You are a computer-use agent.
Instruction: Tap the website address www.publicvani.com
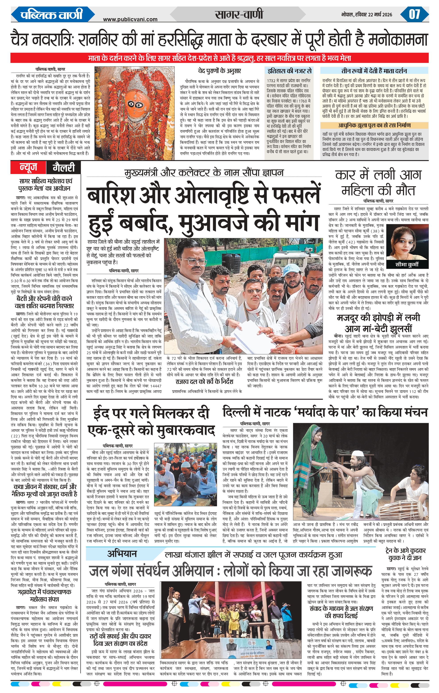[130, 19]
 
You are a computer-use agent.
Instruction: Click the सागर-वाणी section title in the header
[239, 14]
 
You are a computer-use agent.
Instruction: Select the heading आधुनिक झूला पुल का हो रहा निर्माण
[374, 126]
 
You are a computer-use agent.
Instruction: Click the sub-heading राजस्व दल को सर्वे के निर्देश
[204, 382]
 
